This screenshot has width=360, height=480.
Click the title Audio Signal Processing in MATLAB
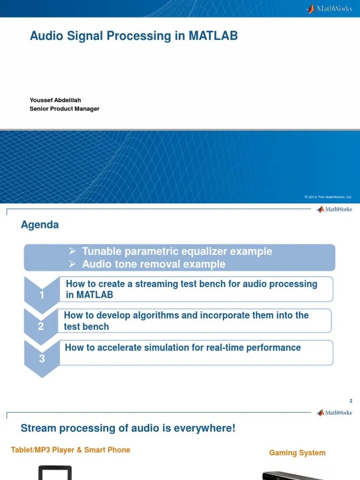134,36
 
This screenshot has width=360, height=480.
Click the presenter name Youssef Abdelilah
55,100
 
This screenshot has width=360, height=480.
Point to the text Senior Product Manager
64,109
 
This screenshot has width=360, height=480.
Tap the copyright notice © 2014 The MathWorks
328,197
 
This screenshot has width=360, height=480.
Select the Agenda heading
40,225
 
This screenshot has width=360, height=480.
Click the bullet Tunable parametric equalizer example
177,251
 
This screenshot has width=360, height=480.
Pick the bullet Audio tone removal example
154,264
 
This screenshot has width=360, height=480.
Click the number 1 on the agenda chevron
42,295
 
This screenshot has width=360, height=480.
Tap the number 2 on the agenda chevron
41,327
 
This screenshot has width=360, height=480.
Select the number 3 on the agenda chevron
42,359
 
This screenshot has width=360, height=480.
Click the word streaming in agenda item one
157,284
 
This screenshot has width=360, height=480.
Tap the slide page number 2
351,401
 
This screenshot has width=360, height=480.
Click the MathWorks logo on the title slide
329,8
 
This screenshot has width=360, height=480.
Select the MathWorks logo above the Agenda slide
334,210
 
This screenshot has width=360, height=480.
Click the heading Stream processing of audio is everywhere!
128,428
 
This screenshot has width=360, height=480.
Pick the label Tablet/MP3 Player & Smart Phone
71,450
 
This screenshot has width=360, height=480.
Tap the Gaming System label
297,453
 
